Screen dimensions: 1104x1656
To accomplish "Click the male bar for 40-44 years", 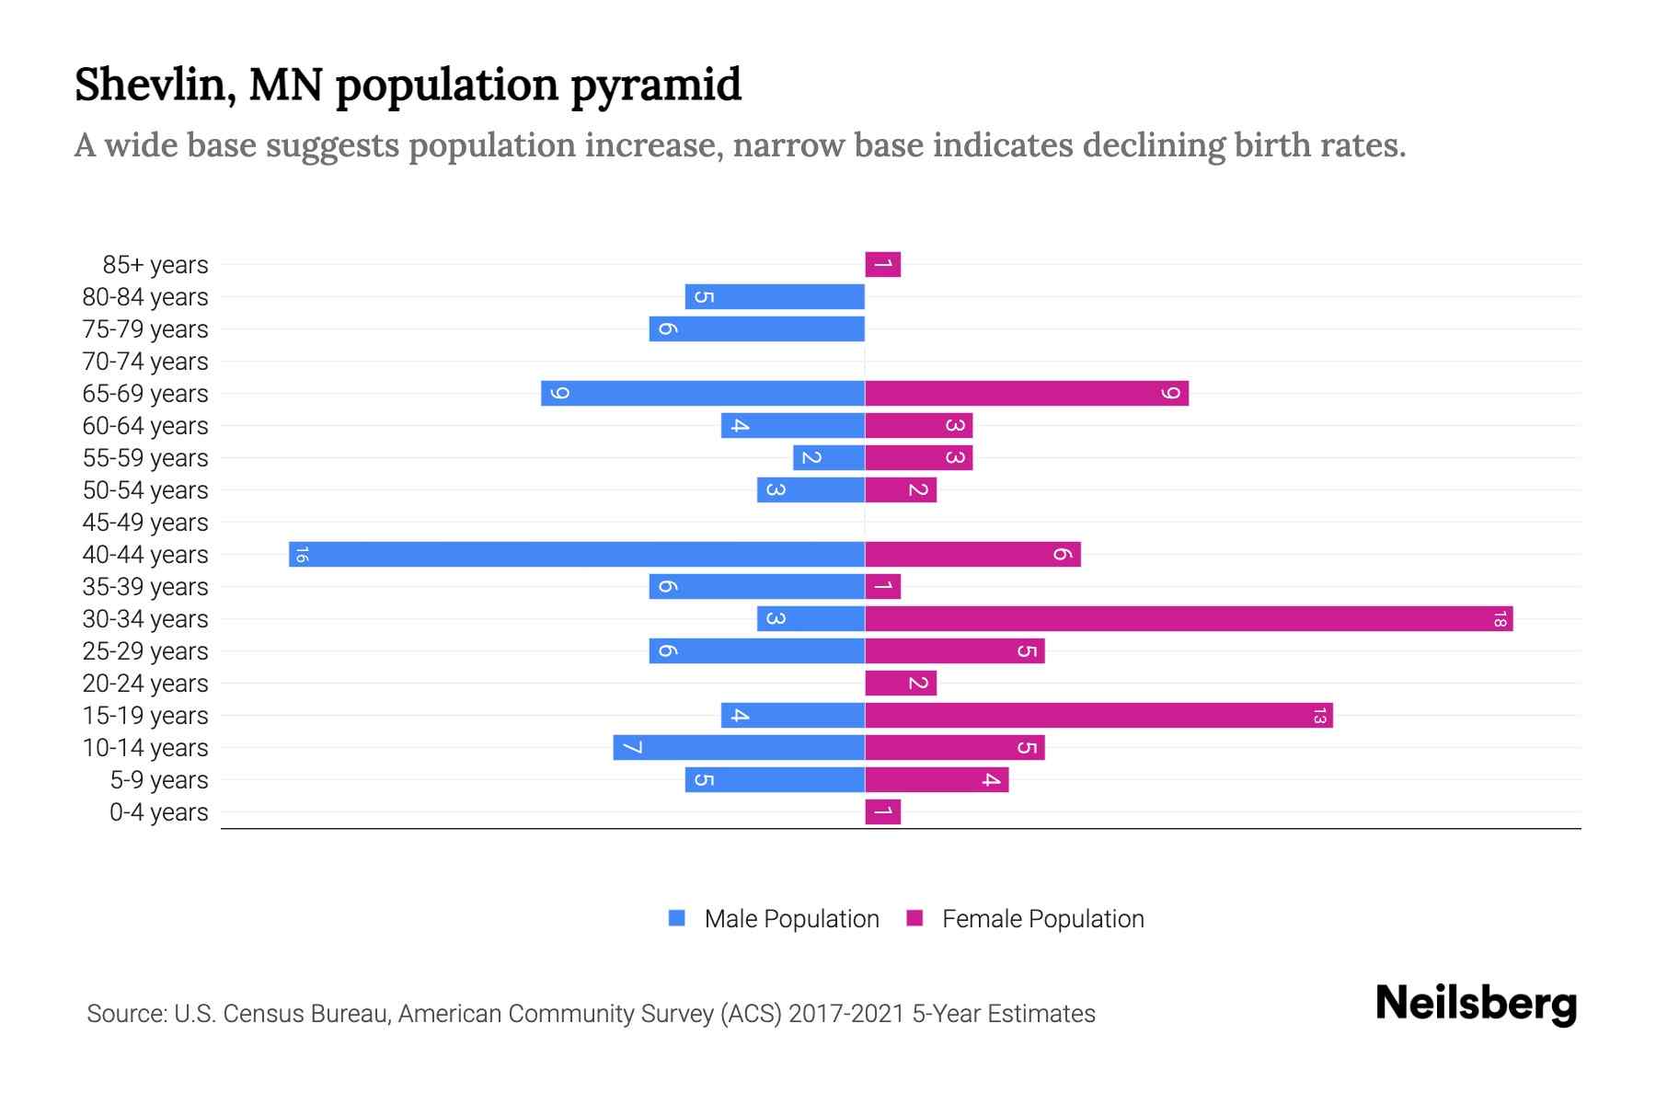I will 577,555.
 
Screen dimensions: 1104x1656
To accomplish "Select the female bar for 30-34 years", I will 1189,619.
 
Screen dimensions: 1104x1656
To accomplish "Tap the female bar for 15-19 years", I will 1098,716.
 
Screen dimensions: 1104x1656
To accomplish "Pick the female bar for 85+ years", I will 882,265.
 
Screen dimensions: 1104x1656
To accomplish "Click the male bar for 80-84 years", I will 775,297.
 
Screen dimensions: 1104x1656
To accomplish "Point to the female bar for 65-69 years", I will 1027,394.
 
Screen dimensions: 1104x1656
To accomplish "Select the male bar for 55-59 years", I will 829,458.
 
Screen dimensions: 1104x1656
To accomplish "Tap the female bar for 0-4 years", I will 882,812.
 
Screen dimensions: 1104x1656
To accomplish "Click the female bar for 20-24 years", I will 901,684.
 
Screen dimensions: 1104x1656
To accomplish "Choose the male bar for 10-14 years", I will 739,748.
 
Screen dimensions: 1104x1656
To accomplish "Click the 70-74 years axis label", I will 145,362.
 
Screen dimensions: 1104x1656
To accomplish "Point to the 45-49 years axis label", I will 145,523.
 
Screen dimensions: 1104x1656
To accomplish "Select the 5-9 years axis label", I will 159,780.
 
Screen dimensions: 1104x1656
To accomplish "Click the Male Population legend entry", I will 791,919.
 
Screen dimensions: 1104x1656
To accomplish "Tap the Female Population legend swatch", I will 914,918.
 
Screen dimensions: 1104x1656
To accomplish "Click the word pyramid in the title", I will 656,86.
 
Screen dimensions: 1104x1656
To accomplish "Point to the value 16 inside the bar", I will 302,555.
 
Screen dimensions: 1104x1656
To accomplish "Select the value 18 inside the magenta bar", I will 1500,619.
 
